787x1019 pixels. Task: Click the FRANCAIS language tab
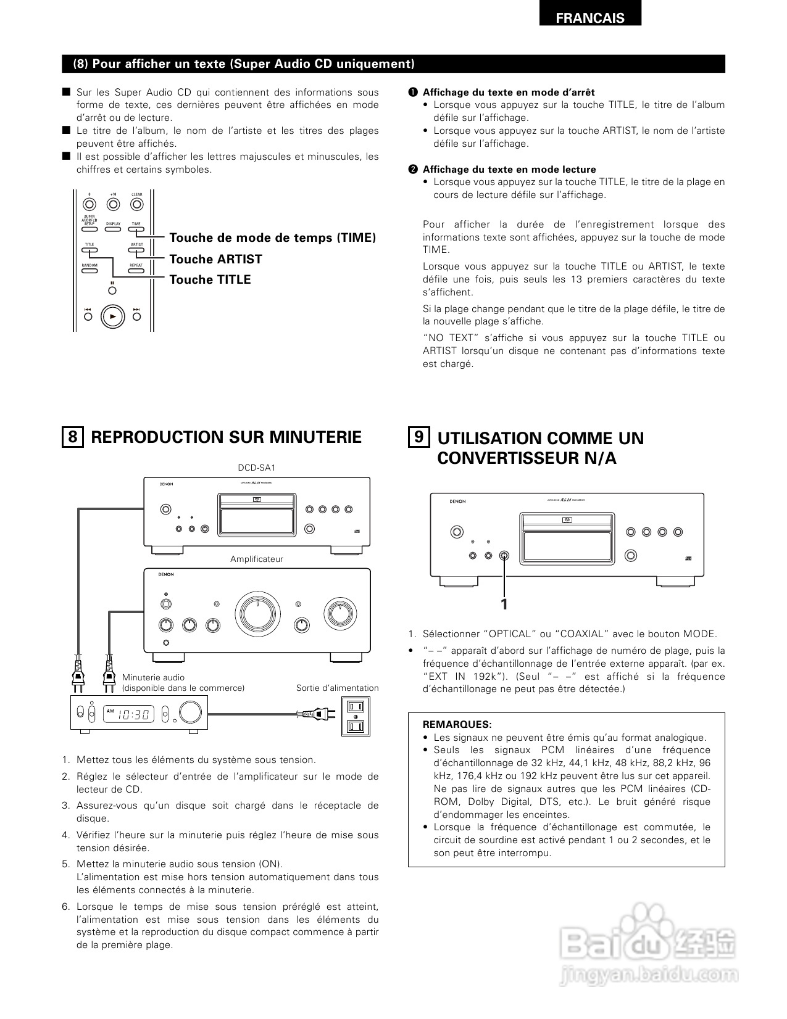590,18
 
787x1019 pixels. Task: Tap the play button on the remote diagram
112,316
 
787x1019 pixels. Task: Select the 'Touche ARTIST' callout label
215,259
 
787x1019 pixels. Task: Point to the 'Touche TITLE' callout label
210,279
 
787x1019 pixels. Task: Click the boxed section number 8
73,437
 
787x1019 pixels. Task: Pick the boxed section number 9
419,437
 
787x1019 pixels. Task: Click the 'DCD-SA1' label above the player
257,468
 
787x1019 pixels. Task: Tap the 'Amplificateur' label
257,559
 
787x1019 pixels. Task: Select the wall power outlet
356,716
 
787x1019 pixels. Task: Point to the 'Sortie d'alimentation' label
337,688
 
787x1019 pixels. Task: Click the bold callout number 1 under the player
504,604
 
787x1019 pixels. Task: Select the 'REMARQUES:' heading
457,724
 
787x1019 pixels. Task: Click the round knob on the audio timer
190,713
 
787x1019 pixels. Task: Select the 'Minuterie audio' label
153,677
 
